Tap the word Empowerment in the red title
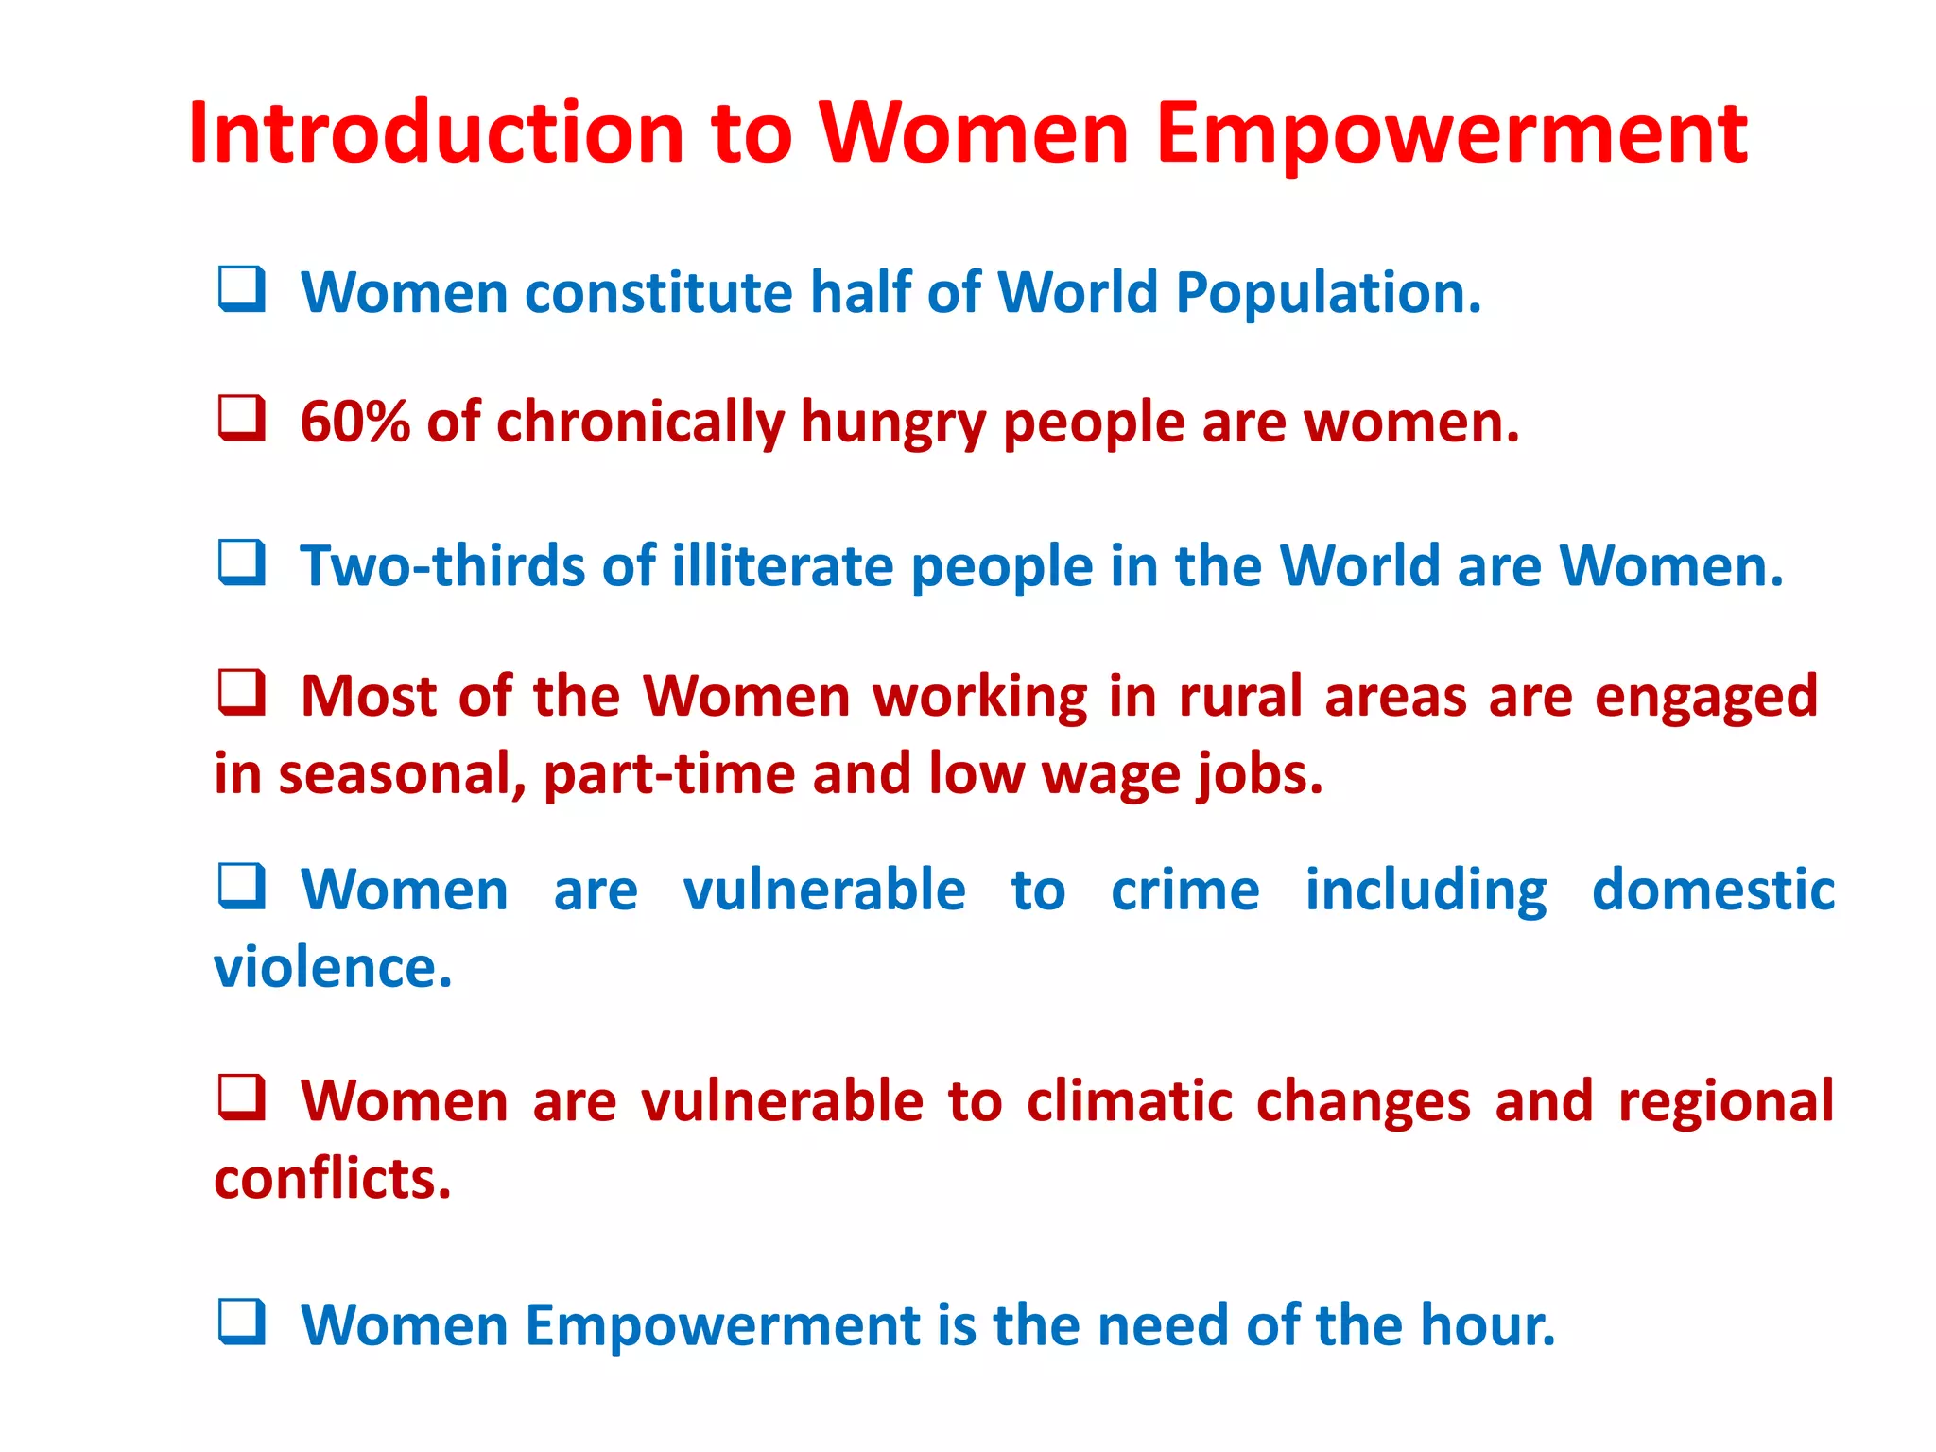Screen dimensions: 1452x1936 1451,134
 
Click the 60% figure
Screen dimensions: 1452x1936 354,422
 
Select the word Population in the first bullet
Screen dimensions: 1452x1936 1327,293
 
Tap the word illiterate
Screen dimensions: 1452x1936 783,566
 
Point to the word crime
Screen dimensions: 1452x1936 1184,891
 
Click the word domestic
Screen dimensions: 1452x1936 1712,890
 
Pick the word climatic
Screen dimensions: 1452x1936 1130,1102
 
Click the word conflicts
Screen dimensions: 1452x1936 332,1180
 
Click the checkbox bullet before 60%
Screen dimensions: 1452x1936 241,418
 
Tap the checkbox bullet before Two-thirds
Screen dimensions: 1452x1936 241,562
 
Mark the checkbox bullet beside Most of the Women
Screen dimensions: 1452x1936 241,693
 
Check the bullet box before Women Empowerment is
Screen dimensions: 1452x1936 241,1322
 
